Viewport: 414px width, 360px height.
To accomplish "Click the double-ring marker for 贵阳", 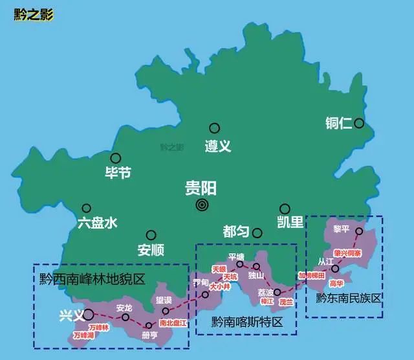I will click(x=202, y=205).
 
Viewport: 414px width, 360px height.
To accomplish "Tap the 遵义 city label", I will click(x=217, y=146).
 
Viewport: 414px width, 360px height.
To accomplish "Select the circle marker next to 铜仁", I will click(x=358, y=122).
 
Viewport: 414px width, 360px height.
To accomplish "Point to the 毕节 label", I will click(x=118, y=173).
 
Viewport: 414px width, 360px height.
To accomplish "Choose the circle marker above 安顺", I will click(x=151, y=234).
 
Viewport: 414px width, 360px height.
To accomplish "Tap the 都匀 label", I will click(x=235, y=232).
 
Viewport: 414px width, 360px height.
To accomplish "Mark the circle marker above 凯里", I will click(x=284, y=208).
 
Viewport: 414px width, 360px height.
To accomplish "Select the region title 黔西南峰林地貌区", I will click(x=92, y=280).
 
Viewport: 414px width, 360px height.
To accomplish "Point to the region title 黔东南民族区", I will click(x=349, y=298).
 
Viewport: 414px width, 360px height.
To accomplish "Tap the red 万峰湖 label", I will click(x=83, y=336).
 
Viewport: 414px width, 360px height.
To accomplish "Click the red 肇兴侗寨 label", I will click(x=347, y=253).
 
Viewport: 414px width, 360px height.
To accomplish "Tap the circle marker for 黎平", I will click(x=360, y=232).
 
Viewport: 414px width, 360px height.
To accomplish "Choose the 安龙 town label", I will click(x=124, y=308).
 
